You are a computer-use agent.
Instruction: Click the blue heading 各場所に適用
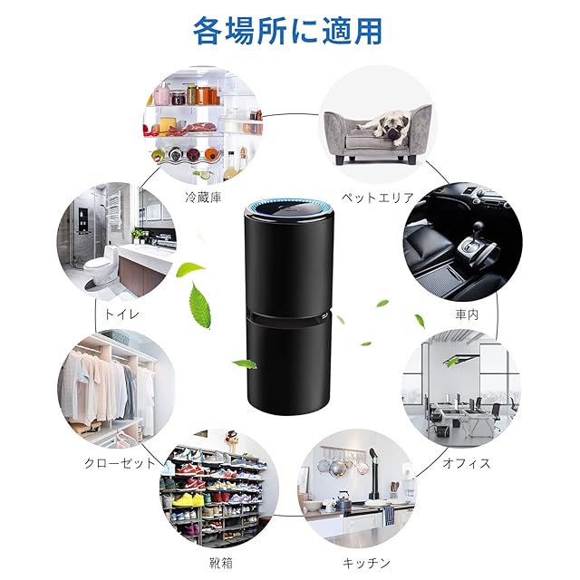pyautogui.click(x=287, y=30)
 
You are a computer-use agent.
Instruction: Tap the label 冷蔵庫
pyautogui.click(x=203, y=197)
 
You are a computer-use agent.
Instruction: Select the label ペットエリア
pyautogui.click(x=378, y=197)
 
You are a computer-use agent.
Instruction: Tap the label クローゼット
pyautogui.click(x=106, y=463)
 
